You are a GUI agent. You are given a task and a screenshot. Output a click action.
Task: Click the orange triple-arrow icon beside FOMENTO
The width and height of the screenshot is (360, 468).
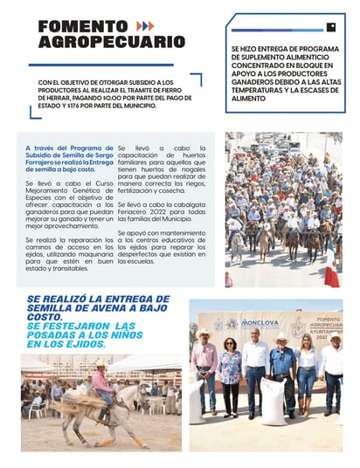click(x=145, y=26)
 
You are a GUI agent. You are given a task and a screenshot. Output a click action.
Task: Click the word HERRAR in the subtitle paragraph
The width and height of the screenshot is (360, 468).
click(x=55, y=99)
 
